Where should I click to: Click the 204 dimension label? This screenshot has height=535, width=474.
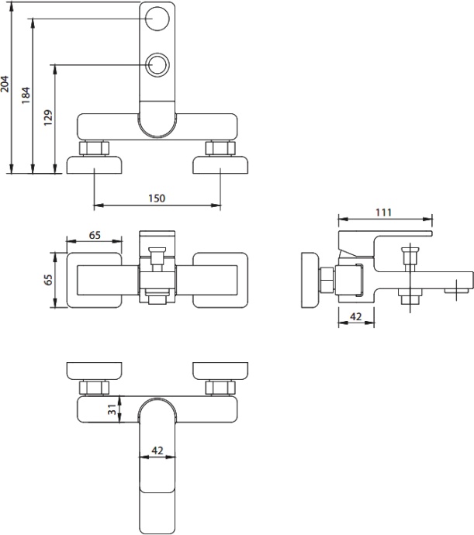[5, 84]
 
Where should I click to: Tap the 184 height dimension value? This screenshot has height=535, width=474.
[26, 95]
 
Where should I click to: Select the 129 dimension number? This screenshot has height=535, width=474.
[48, 118]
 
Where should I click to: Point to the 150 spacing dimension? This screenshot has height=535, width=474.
[157, 198]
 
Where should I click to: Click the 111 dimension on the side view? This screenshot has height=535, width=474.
[383, 212]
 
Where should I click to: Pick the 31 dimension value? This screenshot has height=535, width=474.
[112, 409]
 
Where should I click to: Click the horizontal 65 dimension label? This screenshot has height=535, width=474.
[95, 235]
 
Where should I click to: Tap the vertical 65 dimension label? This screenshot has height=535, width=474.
[49, 279]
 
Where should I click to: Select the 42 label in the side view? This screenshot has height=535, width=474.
[356, 316]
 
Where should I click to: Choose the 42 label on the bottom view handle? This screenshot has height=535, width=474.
[157, 450]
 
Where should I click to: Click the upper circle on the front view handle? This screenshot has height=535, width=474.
[157, 19]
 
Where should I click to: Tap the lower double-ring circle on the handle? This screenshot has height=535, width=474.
[157, 65]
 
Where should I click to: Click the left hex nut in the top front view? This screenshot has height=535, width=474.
[94, 148]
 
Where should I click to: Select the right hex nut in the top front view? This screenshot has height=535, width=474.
[220, 148]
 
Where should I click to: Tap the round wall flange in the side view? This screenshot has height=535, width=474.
[310, 280]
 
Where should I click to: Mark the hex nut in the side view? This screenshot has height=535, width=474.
[327, 280]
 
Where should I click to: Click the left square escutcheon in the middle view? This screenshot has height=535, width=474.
[94, 280]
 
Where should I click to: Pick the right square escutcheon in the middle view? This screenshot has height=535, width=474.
[220, 280]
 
